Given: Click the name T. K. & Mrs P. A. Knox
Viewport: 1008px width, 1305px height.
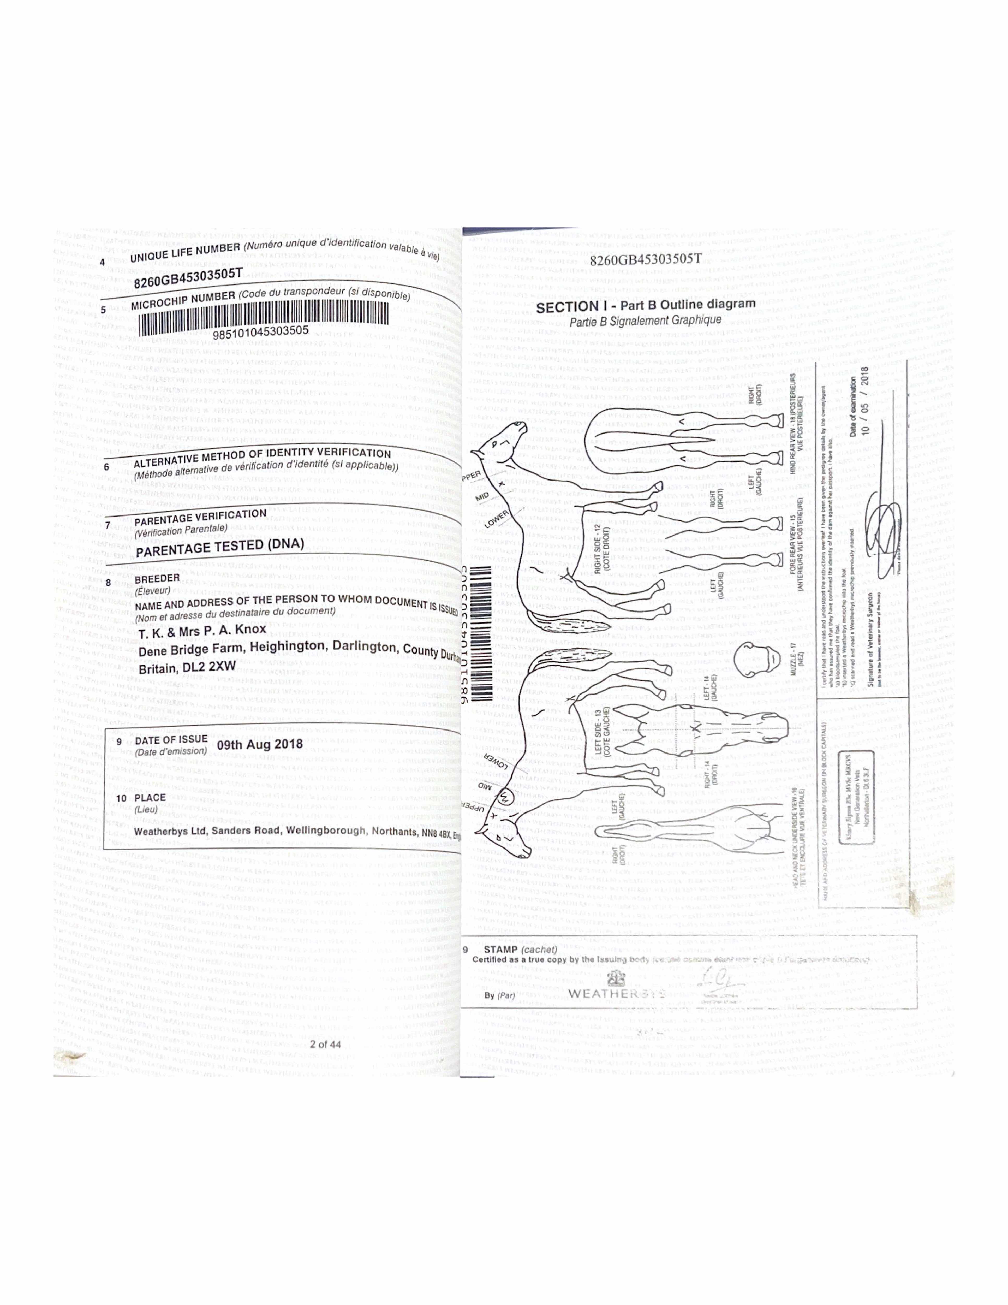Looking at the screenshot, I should pos(202,632).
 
